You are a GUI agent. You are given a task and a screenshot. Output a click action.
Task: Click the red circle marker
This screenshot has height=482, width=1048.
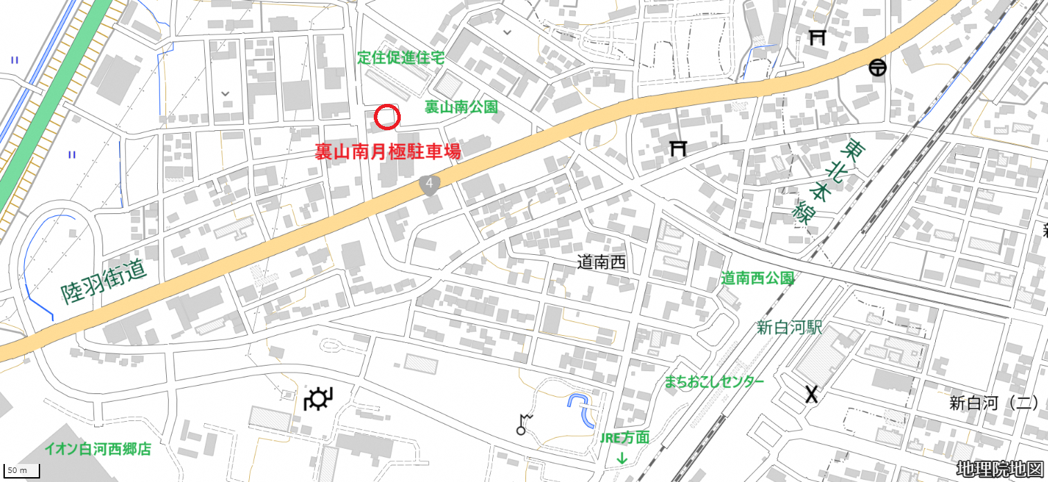(x=387, y=117)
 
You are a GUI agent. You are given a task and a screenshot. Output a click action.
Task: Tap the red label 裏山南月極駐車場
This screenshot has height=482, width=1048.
(x=388, y=152)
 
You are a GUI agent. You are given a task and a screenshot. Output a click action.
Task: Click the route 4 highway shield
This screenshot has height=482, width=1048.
(x=430, y=184)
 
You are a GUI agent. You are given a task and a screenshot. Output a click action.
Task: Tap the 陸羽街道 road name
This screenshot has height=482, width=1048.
(x=104, y=283)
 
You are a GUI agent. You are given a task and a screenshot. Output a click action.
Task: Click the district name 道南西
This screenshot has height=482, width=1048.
(x=602, y=262)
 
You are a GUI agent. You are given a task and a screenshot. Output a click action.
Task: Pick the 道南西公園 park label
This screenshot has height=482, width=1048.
(x=757, y=278)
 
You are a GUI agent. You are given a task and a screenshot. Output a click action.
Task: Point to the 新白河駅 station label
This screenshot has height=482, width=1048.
(x=789, y=328)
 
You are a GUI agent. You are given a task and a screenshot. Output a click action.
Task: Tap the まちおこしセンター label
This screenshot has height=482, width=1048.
(x=714, y=382)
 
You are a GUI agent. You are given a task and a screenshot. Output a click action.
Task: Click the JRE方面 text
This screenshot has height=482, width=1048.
(x=624, y=437)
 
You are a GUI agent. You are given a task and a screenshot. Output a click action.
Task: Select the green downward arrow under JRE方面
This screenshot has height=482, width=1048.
(x=622, y=458)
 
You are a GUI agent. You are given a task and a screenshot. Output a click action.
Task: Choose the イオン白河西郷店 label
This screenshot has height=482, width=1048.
(x=98, y=449)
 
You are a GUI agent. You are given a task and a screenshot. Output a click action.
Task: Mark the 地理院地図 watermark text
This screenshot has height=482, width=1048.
(x=1000, y=469)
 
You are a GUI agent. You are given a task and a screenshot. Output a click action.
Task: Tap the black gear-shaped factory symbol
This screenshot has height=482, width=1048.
(x=318, y=400)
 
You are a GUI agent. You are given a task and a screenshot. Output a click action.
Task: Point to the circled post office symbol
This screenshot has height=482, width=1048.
(x=878, y=68)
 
